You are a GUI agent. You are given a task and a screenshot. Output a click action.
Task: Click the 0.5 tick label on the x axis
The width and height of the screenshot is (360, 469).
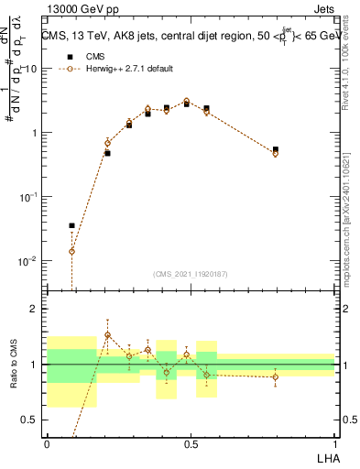point(190,442)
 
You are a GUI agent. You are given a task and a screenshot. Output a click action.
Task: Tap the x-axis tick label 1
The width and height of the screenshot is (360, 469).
point(334,442)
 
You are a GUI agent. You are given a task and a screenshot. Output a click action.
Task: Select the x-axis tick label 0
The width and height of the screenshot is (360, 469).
point(47,442)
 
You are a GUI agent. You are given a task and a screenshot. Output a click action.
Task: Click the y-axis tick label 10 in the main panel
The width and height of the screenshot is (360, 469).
point(30,69)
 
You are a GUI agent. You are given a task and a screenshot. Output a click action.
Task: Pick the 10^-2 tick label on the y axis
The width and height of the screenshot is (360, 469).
point(27,261)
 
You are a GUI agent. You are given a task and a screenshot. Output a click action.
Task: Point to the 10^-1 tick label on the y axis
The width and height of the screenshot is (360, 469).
point(27,197)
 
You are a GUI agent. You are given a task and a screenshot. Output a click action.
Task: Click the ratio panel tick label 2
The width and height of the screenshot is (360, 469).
point(35,309)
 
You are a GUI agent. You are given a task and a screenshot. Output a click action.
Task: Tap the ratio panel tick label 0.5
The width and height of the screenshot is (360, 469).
point(30,420)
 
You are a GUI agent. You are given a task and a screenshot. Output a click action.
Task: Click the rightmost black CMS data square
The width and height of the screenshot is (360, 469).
point(276,149)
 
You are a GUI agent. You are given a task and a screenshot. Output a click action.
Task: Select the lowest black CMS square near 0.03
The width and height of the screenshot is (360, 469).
point(72,225)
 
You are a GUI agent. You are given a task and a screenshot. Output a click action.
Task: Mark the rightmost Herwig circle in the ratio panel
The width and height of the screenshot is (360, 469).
point(276,376)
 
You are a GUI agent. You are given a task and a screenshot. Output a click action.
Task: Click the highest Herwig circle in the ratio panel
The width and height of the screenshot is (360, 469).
point(107,334)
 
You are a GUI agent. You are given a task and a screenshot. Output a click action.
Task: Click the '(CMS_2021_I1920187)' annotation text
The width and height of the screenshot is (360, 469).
point(190,273)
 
